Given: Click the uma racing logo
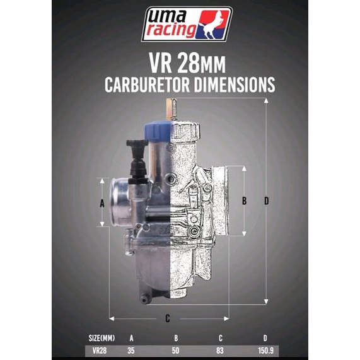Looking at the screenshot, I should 187,23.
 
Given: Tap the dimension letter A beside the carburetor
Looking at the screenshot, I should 102,203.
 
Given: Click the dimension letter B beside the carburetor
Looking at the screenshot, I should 245,201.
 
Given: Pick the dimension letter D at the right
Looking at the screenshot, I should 267,201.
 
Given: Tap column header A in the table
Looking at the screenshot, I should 132,337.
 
